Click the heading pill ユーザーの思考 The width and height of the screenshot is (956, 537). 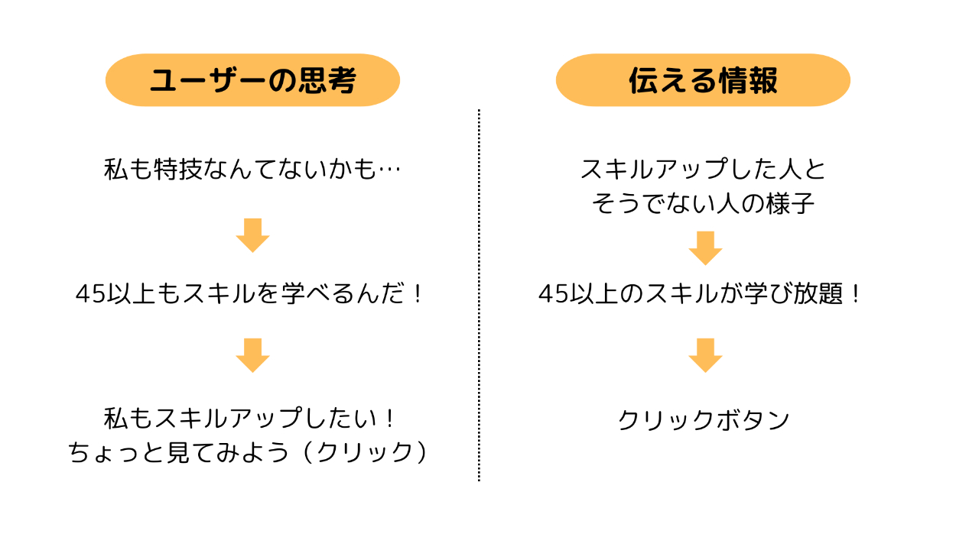pyautogui.click(x=252, y=80)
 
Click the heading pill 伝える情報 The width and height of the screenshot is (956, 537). pyautogui.click(x=703, y=80)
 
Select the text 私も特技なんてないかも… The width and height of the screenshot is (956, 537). pyautogui.click(x=252, y=170)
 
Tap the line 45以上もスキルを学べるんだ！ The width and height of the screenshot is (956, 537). pyautogui.click(x=250, y=294)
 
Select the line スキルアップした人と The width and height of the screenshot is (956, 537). pyautogui.click(x=704, y=170)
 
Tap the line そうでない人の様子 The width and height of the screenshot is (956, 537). pyautogui.click(x=703, y=204)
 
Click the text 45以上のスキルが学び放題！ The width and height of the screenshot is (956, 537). pyautogui.click(x=701, y=294)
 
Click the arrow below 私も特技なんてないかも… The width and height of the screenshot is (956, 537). pyautogui.click(x=252, y=235)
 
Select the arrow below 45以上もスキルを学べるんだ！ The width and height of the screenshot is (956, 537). pyautogui.click(x=252, y=355)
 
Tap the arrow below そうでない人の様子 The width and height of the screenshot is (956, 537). pyautogui.click(x=705, y=247)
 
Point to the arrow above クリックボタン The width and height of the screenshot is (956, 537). pyautogui.click(x=705, y=355)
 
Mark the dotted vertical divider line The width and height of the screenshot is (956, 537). pyautogui.click(x=479, y=294)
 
